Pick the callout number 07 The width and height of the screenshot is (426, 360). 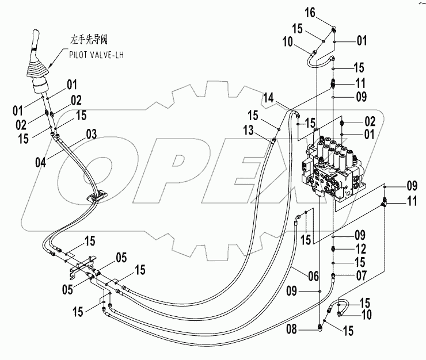point(362,275)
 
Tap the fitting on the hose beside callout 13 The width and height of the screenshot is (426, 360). point(273,138)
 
